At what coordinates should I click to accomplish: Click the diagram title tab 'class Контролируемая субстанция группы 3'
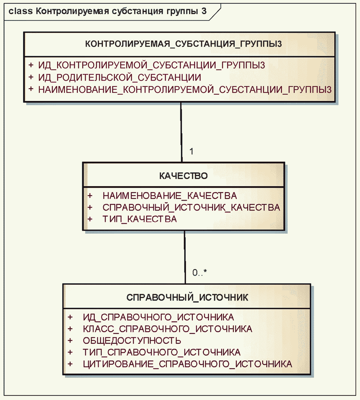(x=108, y=12)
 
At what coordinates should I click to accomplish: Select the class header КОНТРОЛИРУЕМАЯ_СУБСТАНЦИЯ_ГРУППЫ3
(x=183, y=44)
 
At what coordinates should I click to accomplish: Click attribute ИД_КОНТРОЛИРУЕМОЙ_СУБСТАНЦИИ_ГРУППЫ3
(x=151, y=65)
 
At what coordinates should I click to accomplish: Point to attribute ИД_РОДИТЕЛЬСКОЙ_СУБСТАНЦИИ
(x=120, y=77)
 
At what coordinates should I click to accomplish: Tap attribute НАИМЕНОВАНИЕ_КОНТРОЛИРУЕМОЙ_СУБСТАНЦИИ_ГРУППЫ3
(x=185, y=90)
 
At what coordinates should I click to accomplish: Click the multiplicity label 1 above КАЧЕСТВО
(x=191, y=151)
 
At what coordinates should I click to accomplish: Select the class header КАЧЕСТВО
(x=183, y=176)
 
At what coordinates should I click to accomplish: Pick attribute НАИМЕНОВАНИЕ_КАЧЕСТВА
(x=170, y=196)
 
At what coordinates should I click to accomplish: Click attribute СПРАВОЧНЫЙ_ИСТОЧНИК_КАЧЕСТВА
(x=191, y=207)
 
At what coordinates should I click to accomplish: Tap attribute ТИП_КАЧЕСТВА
(x=140, y=219)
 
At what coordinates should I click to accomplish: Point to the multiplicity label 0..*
(x=199, y=272)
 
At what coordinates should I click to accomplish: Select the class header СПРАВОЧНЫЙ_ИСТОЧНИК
(x=187, y=298)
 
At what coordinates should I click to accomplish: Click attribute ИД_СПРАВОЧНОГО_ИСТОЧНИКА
(x=158, y=317)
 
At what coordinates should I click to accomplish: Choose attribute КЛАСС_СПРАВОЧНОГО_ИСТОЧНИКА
(x=167, y=329)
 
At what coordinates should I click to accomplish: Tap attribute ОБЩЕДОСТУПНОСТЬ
(x=132, y=341)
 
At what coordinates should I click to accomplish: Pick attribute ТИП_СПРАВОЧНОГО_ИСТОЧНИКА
(x=161, y=352)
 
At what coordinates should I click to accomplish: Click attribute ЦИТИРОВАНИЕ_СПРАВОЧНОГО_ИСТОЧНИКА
(x=187, y=364)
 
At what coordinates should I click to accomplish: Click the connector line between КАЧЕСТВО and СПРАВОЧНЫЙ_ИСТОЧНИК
(x=185, y=257)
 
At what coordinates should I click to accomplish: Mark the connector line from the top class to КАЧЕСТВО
(x=181, y=131)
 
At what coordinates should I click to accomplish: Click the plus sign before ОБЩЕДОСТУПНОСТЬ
(x=70, y=340)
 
